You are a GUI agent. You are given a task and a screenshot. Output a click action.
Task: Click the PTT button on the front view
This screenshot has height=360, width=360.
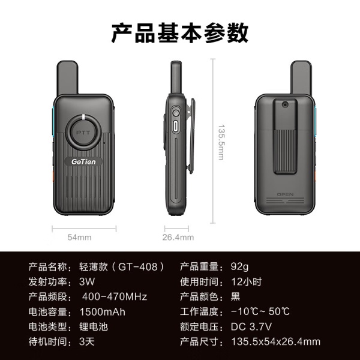(x=83, y=133)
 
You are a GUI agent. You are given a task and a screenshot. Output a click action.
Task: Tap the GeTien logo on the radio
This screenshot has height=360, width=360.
(x=83, y=161)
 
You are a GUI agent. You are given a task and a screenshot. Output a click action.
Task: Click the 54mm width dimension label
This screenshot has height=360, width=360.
(x=79, y=237)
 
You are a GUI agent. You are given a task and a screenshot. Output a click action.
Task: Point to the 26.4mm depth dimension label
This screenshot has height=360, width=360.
(x=178, y=237)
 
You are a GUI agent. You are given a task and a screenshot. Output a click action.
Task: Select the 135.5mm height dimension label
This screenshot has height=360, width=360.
(x=221, y=142)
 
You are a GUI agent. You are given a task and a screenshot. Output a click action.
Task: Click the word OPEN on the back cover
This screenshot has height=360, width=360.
(x=285, y=194)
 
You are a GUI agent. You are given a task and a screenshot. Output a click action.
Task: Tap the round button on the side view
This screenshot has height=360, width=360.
(x=176, y=113)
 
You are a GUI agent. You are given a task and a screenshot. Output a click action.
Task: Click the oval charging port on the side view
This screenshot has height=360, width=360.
(x=176, y=126)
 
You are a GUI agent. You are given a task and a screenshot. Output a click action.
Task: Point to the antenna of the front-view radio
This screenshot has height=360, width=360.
(x=67, y=77)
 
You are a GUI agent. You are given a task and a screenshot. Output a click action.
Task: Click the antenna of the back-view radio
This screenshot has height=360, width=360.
(x=301, y=77)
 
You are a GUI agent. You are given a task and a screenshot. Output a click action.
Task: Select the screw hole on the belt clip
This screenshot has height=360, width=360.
(x=285, y=104)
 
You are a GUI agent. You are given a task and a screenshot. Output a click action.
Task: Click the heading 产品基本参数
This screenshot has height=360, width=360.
(x=180, y=33)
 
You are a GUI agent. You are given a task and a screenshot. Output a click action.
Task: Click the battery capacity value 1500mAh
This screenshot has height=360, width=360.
(x=103, y=312)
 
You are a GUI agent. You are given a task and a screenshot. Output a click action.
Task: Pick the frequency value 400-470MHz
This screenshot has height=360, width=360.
(x=115, y=296)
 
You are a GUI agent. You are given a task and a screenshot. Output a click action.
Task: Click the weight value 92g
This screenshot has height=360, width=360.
(x=239, y=267)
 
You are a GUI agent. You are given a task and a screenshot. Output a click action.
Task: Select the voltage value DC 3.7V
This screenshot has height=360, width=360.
(x=251, y=326)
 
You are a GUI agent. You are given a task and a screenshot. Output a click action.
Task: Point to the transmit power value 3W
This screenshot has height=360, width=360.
(x=87, y=282)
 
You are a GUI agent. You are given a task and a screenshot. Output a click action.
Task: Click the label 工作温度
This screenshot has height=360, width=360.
(x=199, y=312)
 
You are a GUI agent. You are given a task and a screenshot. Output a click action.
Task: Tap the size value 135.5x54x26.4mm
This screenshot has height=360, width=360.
(x=275, y=341)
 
